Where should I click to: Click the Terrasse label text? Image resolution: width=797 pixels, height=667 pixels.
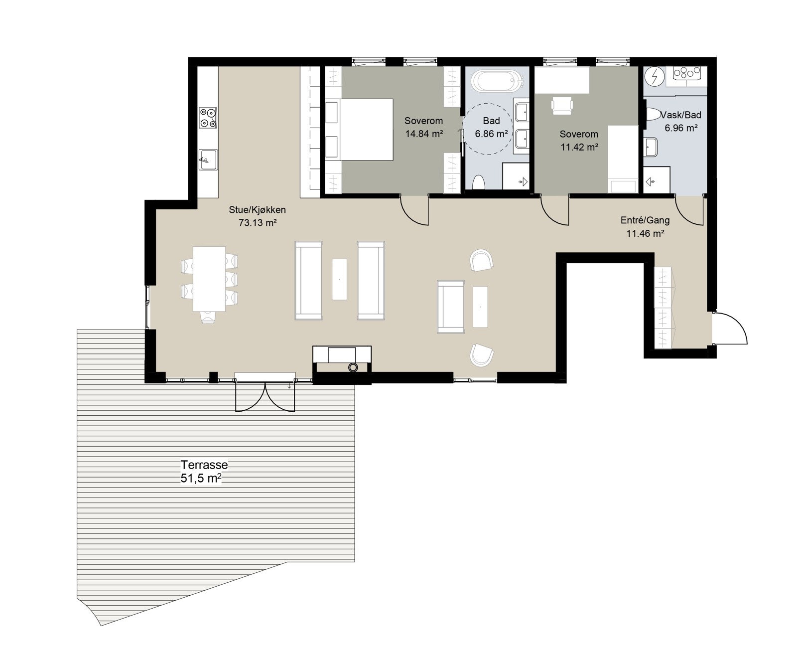click(x=204, y=465)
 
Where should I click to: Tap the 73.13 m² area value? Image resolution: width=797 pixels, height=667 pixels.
click(x=258, y=223)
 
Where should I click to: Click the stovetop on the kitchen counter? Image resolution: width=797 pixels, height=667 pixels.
click(x=208, y=118)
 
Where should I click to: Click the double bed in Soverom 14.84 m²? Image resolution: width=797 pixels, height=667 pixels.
click(x=360, y=130)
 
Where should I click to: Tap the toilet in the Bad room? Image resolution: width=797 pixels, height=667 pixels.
click(x=478, y=182)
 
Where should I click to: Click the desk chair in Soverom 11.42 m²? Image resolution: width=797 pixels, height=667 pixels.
click(x=562, y=105)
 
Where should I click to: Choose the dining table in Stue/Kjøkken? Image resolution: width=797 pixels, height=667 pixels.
click(x=209, y=278)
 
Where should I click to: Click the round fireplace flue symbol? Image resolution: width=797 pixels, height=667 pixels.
click(x=353, y=368)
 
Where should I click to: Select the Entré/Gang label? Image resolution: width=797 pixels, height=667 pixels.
click(x=645, y=220)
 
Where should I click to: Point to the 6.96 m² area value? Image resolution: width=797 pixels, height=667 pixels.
click(x=681, y=128)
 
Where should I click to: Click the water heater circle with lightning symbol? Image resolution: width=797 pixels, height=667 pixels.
click(x=654, y=77)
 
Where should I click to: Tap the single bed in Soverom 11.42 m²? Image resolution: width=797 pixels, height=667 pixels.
click(x=623, y=159)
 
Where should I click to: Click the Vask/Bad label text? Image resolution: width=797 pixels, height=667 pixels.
click(x=681, y=115)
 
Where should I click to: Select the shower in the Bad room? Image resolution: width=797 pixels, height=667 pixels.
click(x=516, y=176)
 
